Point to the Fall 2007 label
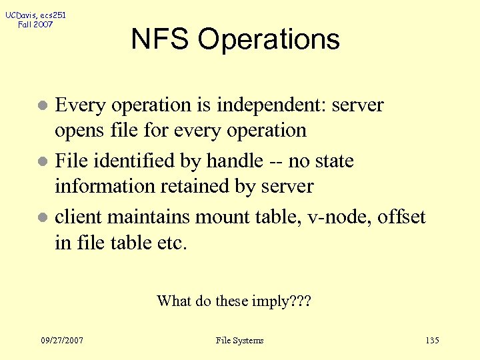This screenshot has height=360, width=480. click(x=35, y=25)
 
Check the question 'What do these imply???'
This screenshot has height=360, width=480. click(x=234, y=301)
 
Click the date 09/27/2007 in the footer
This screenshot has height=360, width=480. click(x=61, y=341)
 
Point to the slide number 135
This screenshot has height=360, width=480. click(x=431, y=341)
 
